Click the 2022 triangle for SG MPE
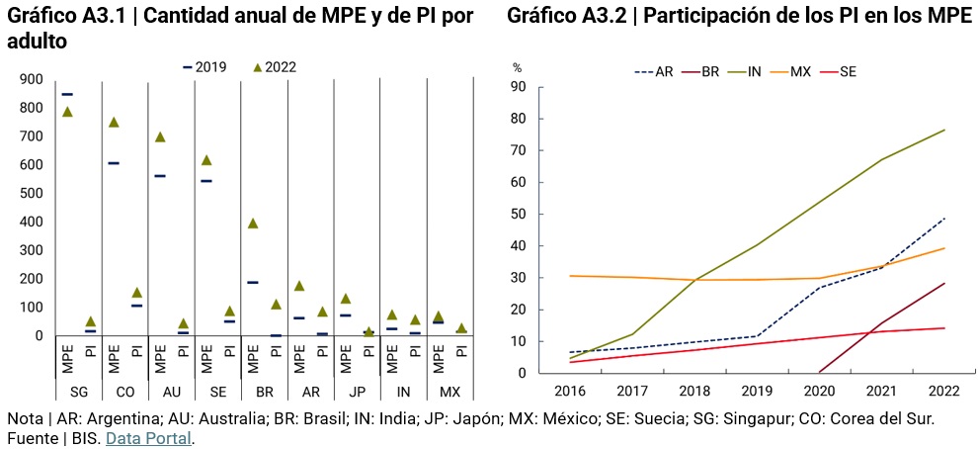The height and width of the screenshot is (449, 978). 67,112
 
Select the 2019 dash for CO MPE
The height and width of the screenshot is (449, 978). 114,163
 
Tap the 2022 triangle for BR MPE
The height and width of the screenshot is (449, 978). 253,224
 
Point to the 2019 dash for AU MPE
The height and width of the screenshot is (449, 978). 160,176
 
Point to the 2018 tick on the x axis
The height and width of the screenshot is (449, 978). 693,391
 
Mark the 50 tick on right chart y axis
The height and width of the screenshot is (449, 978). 519,215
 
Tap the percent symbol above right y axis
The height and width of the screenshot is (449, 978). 517,68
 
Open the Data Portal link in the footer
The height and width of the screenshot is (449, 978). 149,438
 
